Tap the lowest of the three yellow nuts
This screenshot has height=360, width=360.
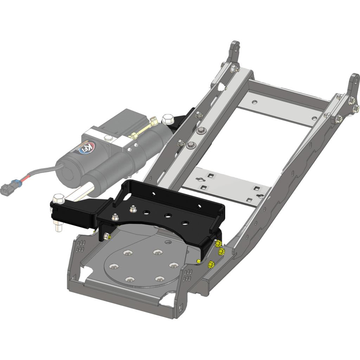click(x=212, y=264)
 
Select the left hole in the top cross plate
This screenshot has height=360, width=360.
click(x=255, y=103)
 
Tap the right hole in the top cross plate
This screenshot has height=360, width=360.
click(x=314, y=118)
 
